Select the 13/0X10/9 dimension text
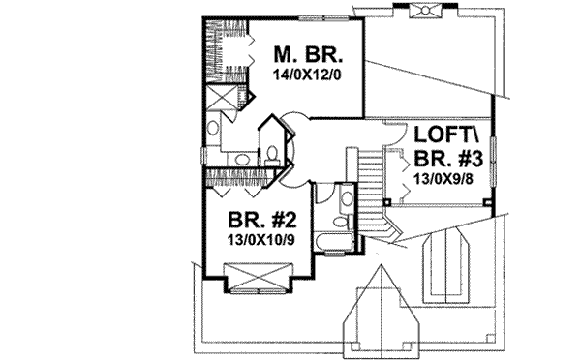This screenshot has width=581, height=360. tap(261, 239)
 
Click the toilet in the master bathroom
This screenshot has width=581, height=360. tap(273, 153)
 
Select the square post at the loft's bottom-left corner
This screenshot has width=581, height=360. tap(385, 203)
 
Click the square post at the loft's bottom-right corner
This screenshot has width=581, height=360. tap(488, 203)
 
